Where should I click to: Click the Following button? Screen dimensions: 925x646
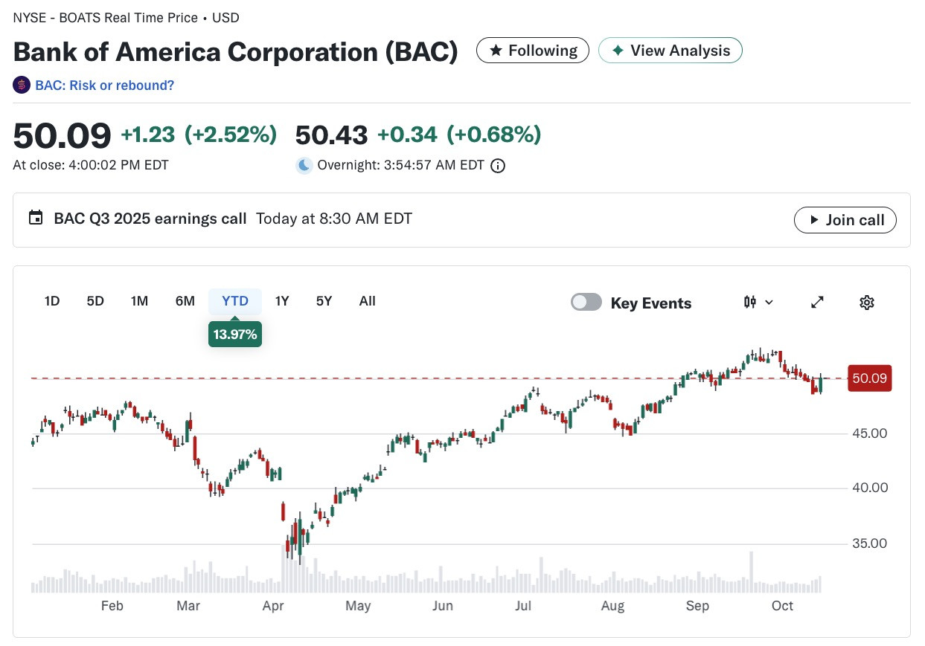[x=532, y=51]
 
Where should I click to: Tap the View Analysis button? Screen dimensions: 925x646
[x=670, y=51]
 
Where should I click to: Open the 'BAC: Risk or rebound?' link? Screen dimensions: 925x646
[x=104, y=85]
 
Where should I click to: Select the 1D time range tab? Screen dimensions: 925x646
[x=52, y=301]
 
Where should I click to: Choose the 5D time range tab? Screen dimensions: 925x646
[x=95, y=301]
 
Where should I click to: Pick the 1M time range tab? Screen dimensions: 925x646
[x=140, y=301]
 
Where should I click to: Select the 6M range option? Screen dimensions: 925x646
[x=185, y=301]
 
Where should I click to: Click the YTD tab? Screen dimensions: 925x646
[x=235, y=301]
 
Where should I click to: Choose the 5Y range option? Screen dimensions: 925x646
[x=324, y=301]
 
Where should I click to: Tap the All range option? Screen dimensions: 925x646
[x=367, y=301]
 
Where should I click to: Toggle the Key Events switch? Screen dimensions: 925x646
[x=586, y=302]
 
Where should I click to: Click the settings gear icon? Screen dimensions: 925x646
[x=867, y=303]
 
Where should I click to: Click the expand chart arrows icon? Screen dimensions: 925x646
[x=817, y=303]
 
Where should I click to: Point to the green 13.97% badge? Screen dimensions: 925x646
[x=235, y=334]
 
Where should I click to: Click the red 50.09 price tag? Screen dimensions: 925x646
[x=870, y=378]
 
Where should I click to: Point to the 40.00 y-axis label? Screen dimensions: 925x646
[x=870, y=488]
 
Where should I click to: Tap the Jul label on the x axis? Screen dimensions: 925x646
[x=523, y=606]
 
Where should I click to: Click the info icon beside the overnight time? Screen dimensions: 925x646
[x=498, y=166]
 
